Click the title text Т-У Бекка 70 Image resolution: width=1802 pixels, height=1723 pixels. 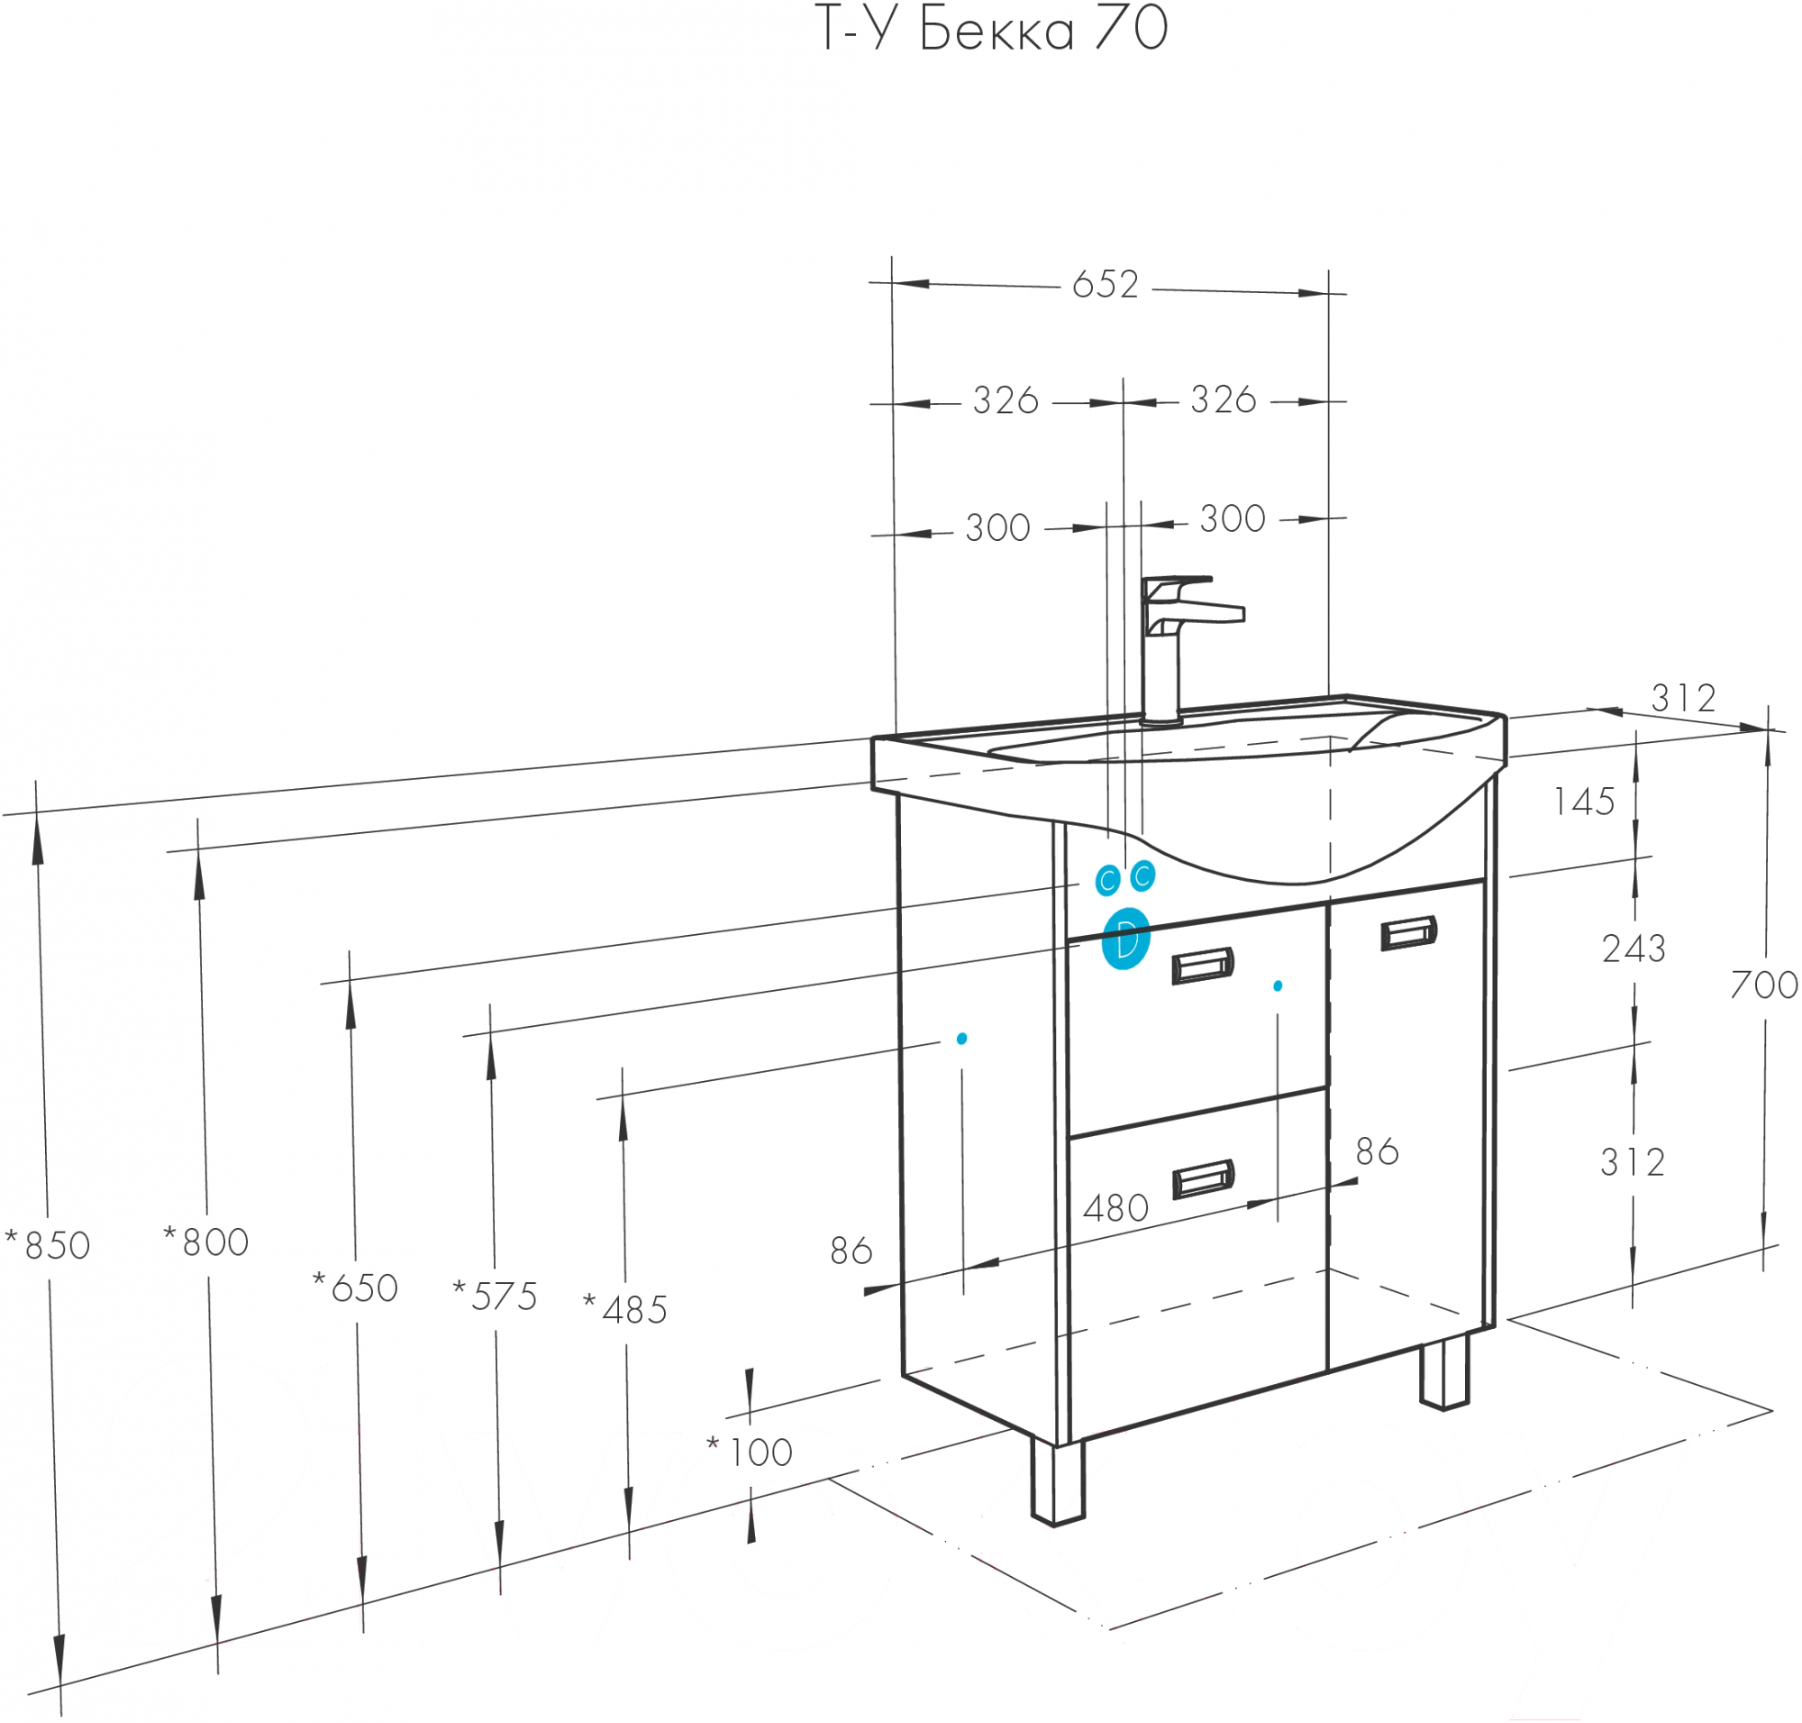(991, 30)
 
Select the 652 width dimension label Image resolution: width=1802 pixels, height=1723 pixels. (1106, 285)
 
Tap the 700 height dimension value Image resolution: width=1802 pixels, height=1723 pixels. (1763, 985)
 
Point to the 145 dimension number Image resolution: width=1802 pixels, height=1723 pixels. (1585, 802)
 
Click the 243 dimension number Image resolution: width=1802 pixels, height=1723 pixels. (1634, 949)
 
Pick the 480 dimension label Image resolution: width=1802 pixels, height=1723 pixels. (1115, 1209)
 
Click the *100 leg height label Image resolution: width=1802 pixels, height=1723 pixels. (750, 1452)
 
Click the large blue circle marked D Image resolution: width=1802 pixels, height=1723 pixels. (1125, 939)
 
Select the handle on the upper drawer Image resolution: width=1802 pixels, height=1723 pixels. (1203, 966)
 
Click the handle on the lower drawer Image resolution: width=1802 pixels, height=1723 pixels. (1203, 1179)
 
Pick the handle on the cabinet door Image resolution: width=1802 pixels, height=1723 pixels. (1408, 933)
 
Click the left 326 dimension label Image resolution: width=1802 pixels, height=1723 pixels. (1006, 400)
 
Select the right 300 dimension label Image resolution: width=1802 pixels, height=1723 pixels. (1232, 519)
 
